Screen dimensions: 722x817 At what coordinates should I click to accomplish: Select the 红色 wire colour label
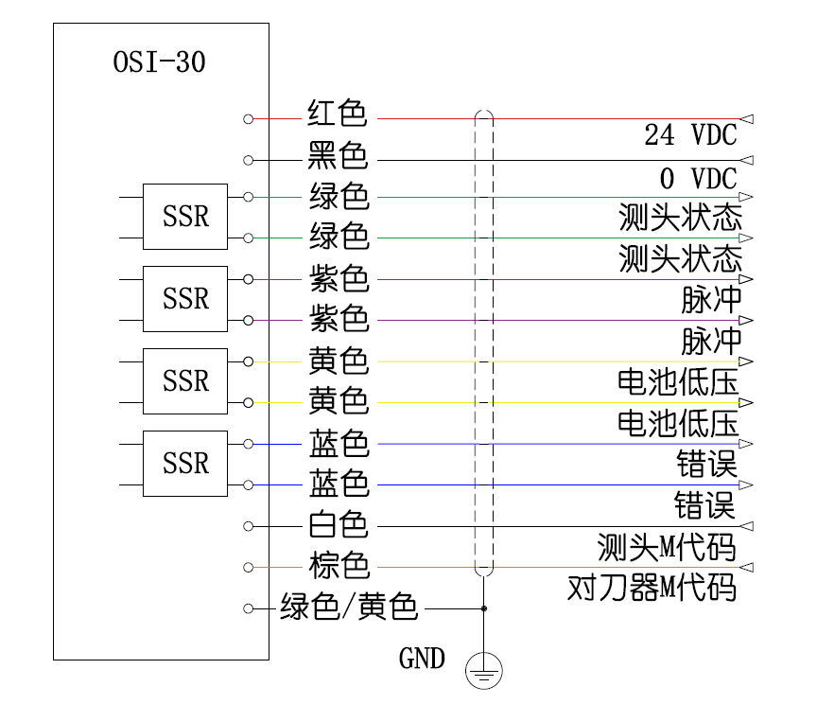coord(338,114)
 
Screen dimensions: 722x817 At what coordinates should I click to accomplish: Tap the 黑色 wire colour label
coord(338,155)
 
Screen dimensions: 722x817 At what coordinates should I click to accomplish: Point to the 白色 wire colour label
coord(338,524)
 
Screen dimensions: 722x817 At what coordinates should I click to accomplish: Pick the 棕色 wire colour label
coord(338,566)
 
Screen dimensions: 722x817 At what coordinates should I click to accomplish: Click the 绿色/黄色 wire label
coord(349,607)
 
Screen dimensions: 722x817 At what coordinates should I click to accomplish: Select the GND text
coord(422,659)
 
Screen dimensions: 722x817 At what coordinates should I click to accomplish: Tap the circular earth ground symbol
coord(483,673)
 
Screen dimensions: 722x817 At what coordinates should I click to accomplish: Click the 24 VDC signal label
coord(690,135)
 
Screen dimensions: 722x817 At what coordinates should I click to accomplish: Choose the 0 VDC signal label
coord(697,178)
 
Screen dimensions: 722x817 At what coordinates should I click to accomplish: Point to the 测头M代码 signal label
coord(667,546)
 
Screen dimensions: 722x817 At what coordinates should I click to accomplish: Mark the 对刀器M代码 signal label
coord(652,588)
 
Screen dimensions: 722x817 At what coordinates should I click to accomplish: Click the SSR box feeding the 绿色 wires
coord(185,217)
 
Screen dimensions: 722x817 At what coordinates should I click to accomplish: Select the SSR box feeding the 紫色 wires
coord(185,299)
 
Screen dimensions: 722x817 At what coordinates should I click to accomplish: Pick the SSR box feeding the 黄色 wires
coord(185,381)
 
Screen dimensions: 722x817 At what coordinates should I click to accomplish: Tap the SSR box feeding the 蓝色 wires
coord(185,463)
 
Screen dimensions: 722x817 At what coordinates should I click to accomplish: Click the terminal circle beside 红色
coord(249,119)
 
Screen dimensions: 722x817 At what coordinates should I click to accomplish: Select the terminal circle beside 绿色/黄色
coord(249,608)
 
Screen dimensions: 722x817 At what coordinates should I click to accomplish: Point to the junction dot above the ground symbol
coord(483,608)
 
